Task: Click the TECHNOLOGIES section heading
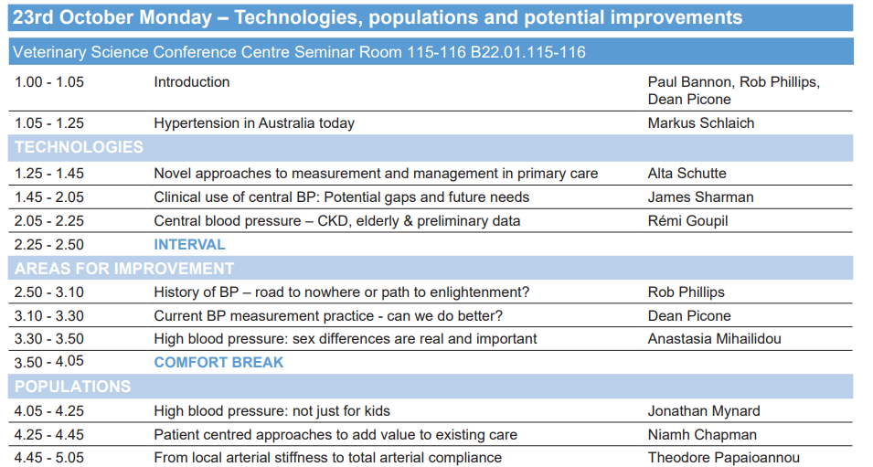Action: point(79,147)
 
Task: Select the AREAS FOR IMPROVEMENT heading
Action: point(124,269)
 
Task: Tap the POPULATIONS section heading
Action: point(72,387)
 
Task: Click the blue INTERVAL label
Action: point(189,244)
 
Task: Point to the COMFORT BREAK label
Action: point(218,362)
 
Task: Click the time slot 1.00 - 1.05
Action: point(49,82)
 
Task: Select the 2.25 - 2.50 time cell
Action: point(49,244)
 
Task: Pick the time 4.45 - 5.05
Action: point(49,458)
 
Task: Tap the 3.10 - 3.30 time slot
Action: point(49,315)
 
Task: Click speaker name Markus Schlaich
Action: point(701,123)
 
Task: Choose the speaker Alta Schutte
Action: point(687,173)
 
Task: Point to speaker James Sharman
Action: point(700,197)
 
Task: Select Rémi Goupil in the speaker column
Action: point(687,221)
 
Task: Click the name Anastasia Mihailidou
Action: point(714,338)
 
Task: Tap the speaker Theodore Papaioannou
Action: point(724,458)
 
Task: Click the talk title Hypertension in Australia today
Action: point(254,123)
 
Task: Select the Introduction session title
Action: point(192,82)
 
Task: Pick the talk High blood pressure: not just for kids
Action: point(271,410)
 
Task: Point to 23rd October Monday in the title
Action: point(112,17)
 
